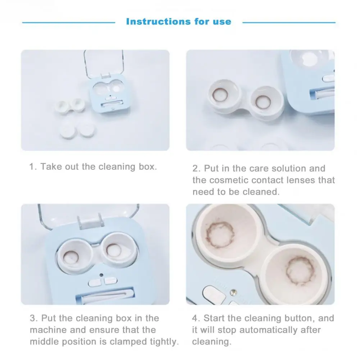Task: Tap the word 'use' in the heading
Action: (x=222, y=22)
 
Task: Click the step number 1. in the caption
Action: (x=33, y=167)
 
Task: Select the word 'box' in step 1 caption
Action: (x=148, y=167)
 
